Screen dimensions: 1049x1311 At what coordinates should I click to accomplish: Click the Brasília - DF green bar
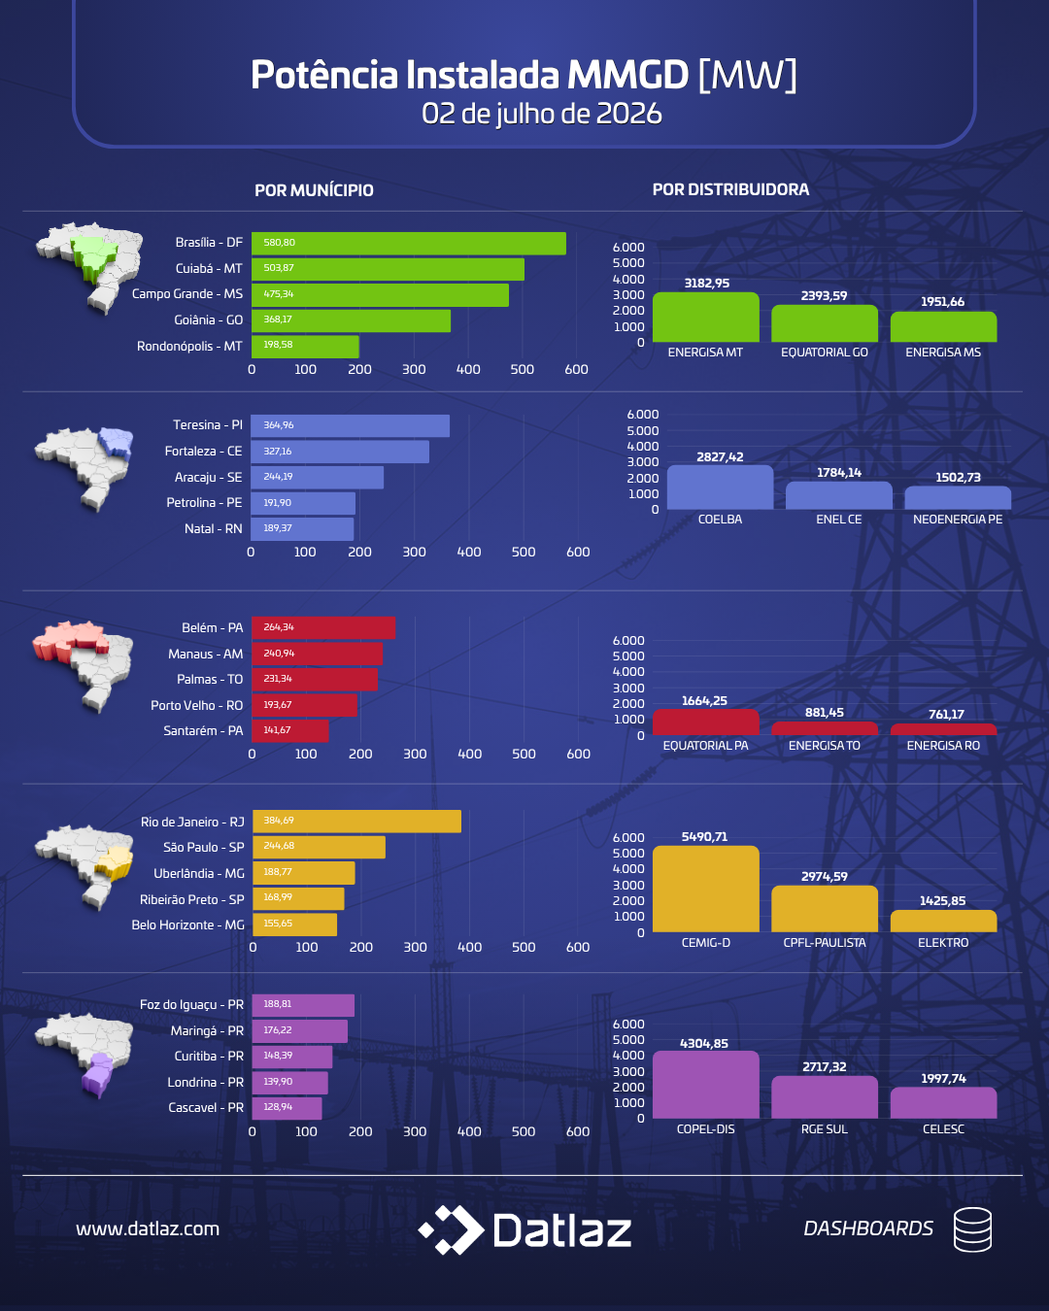(408, 243)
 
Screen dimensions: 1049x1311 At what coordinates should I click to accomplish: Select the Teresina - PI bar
(350, 425)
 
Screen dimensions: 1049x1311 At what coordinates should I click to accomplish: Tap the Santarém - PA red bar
(290, 730)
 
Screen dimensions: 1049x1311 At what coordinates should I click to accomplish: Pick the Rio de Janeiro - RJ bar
(356, 822)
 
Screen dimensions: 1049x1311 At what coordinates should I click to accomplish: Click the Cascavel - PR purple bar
(288, 1108)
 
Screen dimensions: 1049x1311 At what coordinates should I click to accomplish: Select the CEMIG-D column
(706, 889)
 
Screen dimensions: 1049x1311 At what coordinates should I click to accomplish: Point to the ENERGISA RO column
(943, 729)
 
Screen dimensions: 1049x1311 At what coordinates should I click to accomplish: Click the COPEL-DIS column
(706, 1085)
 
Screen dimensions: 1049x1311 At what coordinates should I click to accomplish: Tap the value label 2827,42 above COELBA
(720, 456)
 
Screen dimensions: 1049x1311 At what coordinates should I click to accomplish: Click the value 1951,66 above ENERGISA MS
(943, 302)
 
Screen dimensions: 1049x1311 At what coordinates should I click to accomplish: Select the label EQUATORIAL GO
(825, 353)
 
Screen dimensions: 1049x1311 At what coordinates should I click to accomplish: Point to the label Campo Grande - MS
(187, 293)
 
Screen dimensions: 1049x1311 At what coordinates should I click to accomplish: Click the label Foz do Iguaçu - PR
(191, 1004)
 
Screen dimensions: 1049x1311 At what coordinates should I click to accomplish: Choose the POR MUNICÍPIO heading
(314, 190)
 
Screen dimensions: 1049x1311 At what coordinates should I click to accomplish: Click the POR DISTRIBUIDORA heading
(730, 189)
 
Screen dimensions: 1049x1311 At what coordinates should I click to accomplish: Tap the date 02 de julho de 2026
(541, 114)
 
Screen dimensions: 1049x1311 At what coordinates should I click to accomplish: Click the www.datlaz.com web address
(148, 1228)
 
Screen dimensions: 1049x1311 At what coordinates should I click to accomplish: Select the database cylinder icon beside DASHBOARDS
(973, 1229)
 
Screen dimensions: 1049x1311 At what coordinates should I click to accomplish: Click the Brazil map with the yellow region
(85, 865)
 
